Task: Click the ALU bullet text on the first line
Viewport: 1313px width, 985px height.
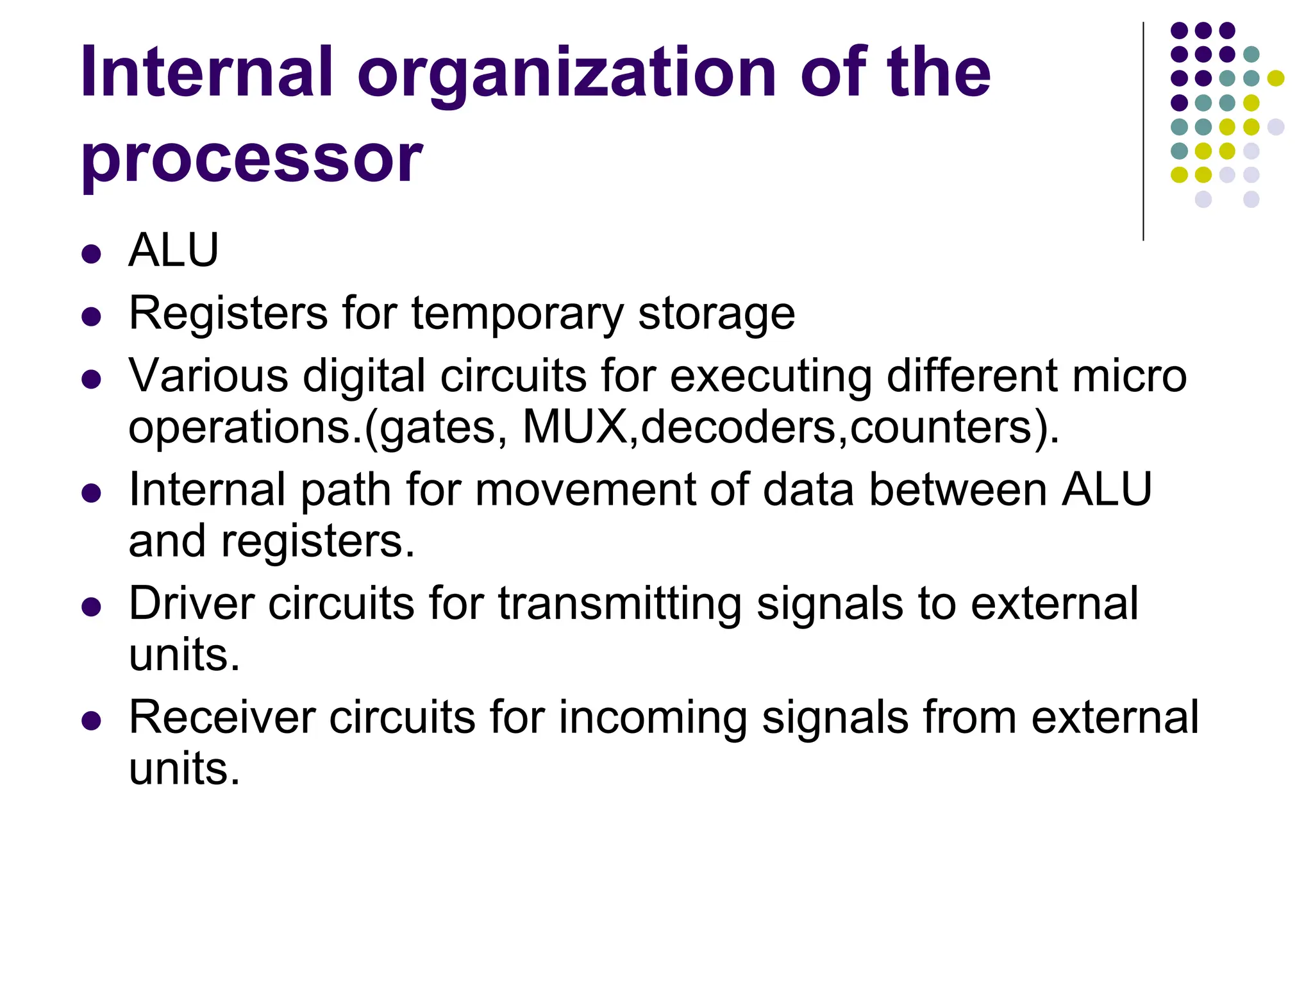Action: pos(174,249)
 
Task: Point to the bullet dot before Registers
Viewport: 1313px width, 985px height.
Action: pos(92,317)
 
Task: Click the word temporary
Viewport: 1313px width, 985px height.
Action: pos(517,314)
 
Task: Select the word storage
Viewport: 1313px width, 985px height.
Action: pos(716,314)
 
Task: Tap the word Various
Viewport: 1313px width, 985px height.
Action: pos(208,376)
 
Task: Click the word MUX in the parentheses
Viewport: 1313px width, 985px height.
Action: pos(575,427)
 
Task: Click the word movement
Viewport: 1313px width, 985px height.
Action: pos(585,490)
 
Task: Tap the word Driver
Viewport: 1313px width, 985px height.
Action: pos(192,603)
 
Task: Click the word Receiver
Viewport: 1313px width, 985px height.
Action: pos(222,717)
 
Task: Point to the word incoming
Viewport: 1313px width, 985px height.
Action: pos(653,718)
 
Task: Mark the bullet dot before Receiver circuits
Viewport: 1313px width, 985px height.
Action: pos(92,721)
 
